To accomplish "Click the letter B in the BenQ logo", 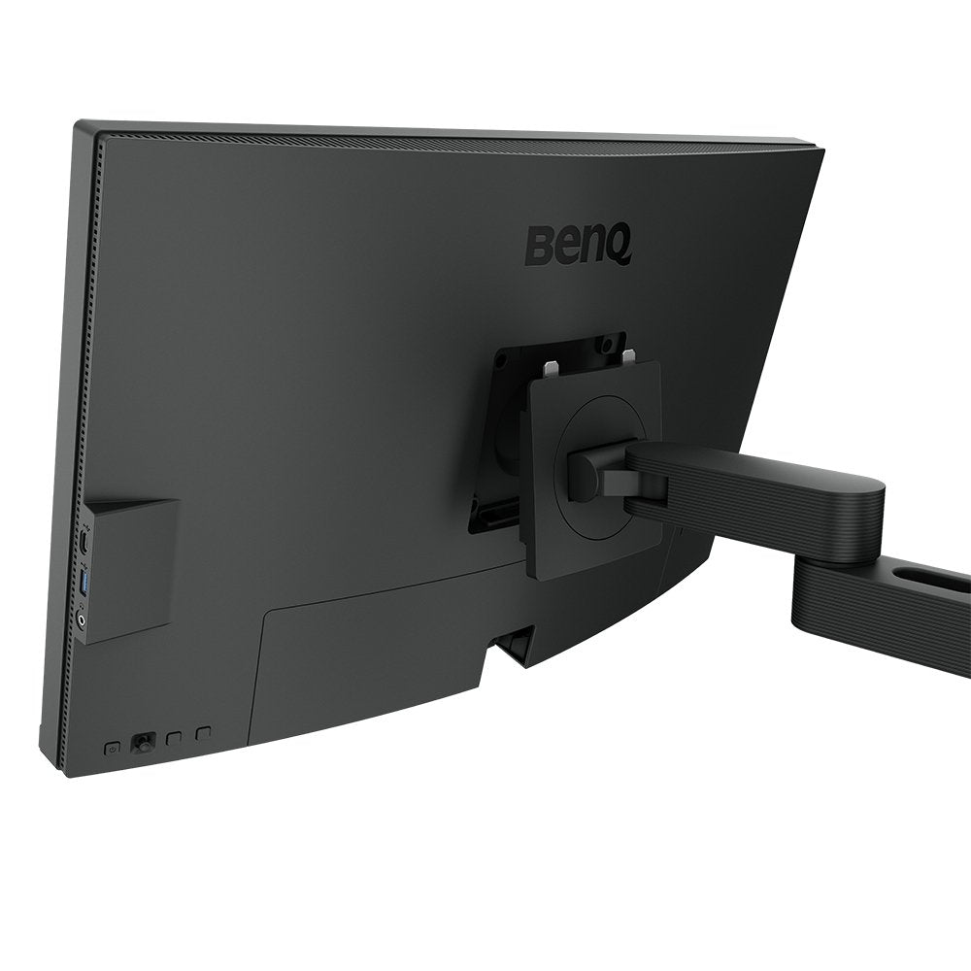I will (539, 245).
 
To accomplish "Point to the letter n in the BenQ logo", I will (589, 248).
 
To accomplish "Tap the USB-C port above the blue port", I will (84, 542).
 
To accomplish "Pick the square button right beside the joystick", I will (174, 738).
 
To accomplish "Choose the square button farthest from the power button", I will (202, 732).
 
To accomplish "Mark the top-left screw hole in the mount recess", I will (504, 359).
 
